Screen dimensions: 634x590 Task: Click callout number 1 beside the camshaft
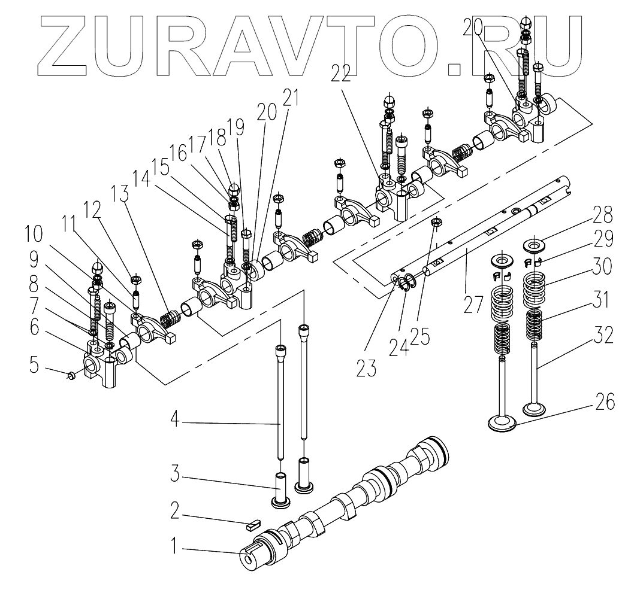(174, 546)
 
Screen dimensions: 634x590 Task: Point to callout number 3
(174, 474)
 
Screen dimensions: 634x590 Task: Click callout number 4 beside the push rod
(174, 419)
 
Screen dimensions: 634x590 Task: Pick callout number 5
(34, 365)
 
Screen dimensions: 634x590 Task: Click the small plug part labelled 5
(71, 376)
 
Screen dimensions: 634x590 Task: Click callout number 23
(366, 368)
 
